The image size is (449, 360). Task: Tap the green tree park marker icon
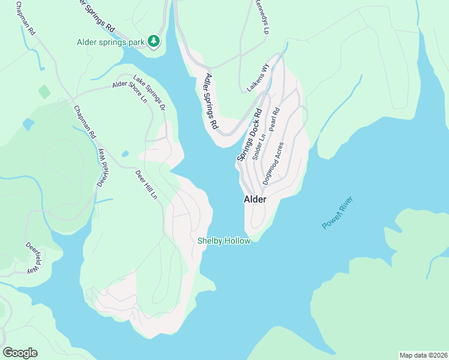(x=155, y=41)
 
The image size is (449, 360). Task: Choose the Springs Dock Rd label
(x=250, y=134)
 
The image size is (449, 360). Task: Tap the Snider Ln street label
(x=259, y=146)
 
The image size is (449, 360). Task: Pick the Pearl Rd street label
(x=276, y=120)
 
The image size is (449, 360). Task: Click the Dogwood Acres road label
(x=273, y=162)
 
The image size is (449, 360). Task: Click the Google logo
(x=20, y=352)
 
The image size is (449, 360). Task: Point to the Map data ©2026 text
(x=423, y=355)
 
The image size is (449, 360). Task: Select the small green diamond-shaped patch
(x=44, y=92)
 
